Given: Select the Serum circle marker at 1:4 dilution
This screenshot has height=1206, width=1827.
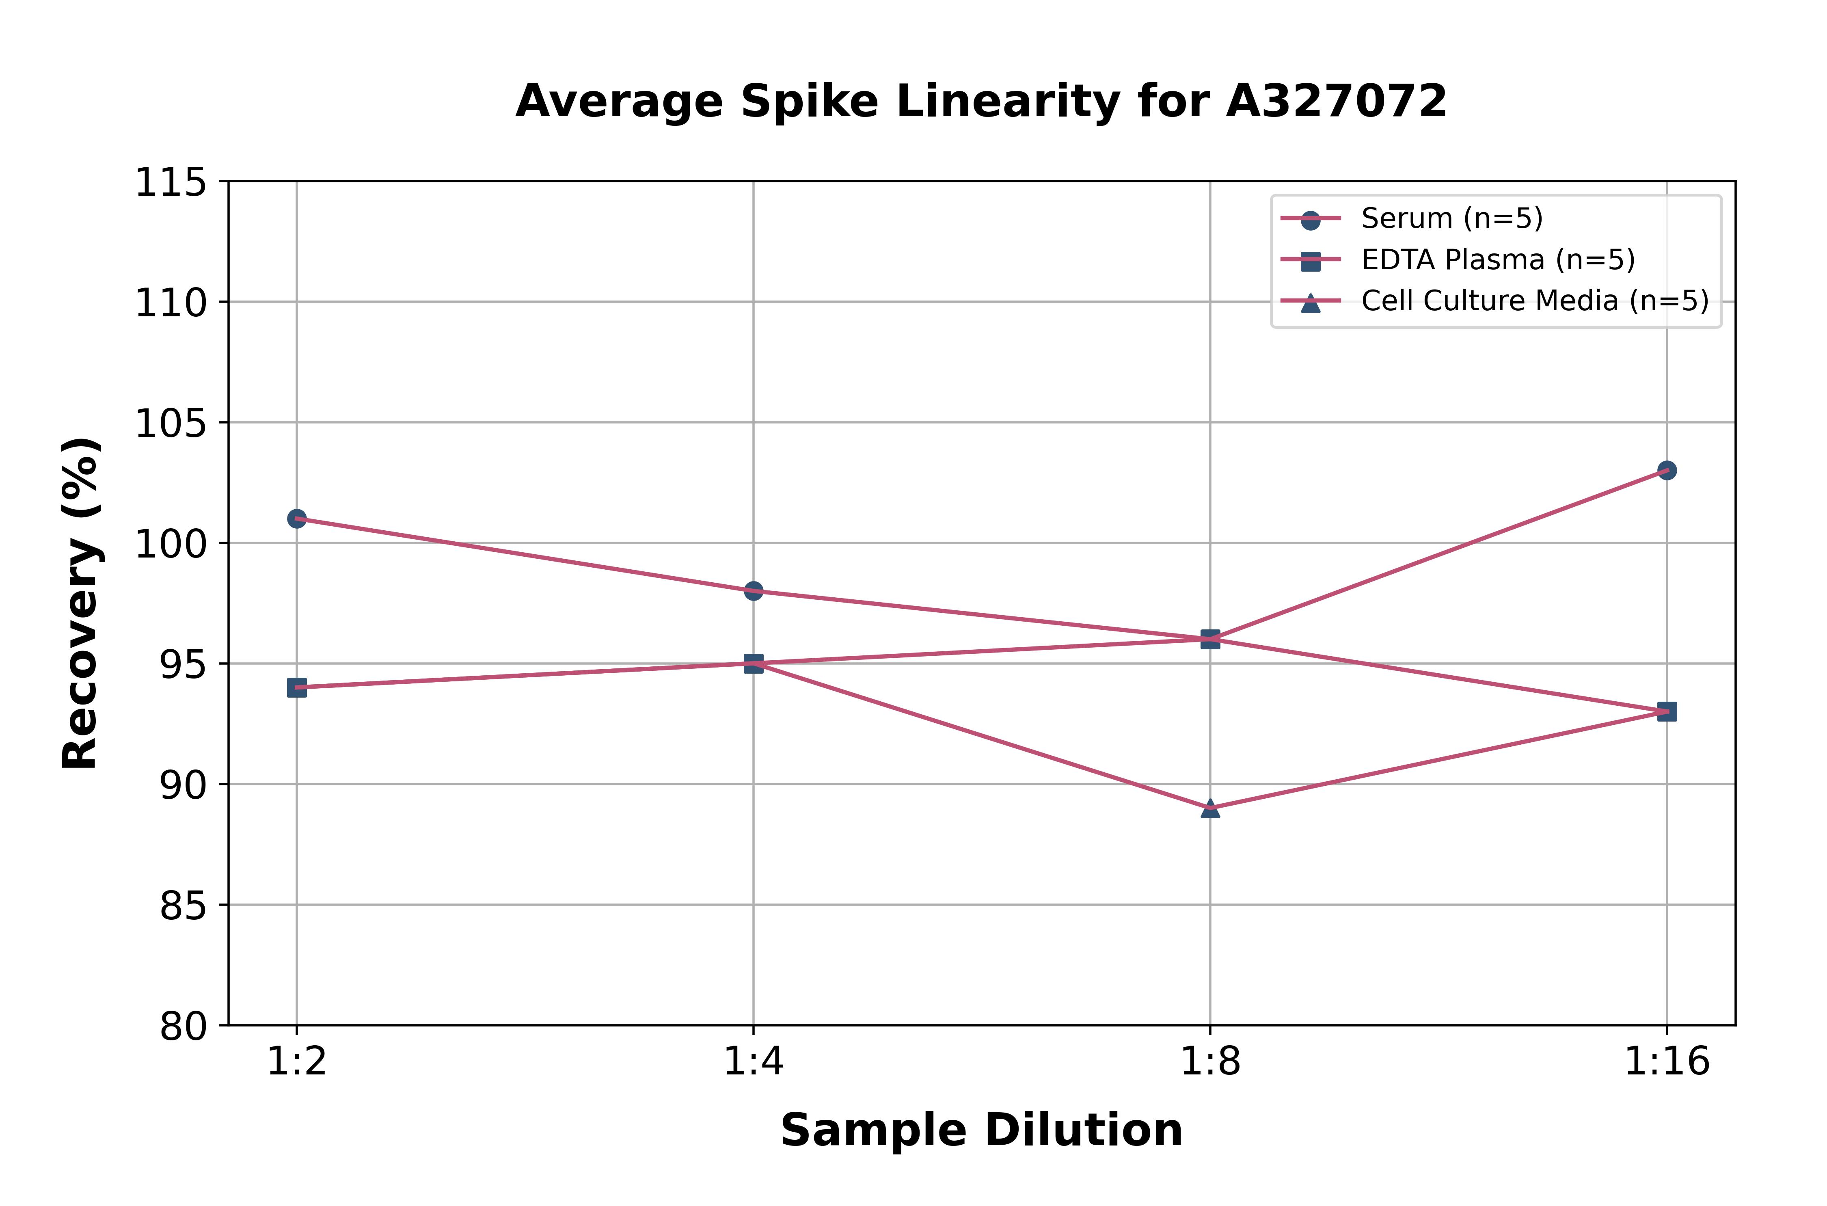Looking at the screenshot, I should click(754, 591).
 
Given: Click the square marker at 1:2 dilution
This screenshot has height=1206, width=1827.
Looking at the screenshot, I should click(297, 687).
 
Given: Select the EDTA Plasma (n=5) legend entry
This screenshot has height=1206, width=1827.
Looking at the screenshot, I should click(1497, 260).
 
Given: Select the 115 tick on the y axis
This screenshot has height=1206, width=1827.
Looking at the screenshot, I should click(171, 183).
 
